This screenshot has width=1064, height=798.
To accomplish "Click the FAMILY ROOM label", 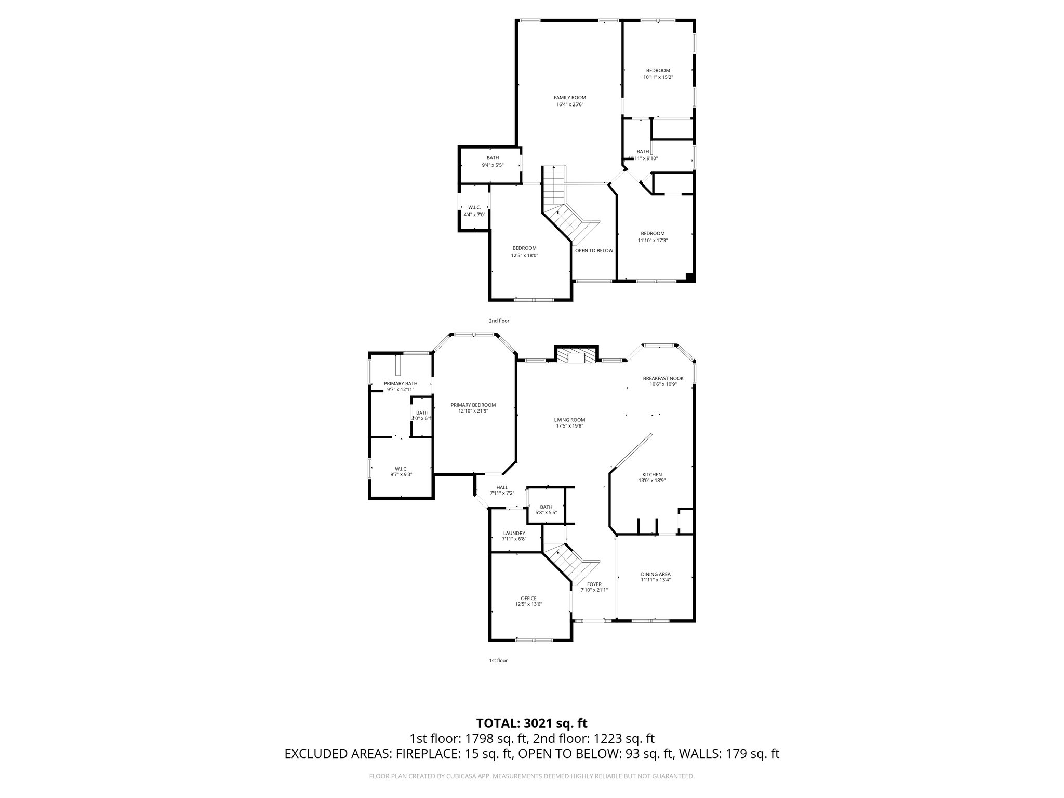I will (569, 97).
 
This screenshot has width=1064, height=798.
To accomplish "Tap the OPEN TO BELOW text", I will (594, 250).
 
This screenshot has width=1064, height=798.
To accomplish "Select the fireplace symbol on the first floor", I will (576, 357).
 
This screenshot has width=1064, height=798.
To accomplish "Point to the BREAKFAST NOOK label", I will (663, 378).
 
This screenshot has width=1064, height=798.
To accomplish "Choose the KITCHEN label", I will (652, 474).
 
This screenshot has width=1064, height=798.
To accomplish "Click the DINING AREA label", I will (655, 574).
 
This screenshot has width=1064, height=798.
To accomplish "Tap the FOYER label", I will (594, 584).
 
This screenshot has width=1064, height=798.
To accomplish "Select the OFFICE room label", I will (528, 598).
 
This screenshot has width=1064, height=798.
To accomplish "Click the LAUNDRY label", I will (514, 533).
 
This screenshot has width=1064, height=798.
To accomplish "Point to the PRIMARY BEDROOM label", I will (473, 405).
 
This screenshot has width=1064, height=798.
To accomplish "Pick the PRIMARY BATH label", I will (400, 383).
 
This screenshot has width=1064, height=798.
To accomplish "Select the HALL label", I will (502, 487).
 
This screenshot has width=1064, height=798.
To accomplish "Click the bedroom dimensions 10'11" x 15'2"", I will (658, 77).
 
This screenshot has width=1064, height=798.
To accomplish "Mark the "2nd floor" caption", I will (499, 321).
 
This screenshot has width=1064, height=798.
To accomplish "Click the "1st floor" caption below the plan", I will (498, 660).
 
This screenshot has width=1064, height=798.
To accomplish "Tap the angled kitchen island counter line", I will (631, 450).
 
